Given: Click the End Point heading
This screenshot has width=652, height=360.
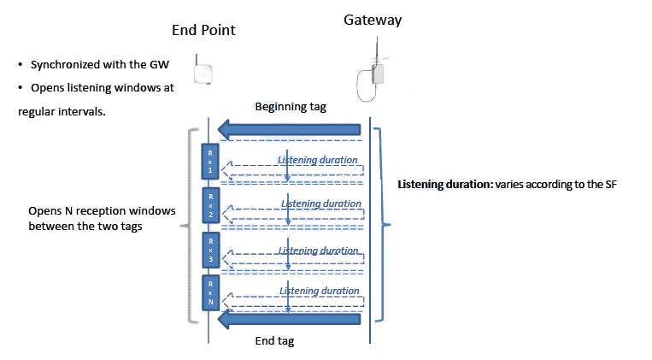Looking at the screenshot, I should click(203, 31).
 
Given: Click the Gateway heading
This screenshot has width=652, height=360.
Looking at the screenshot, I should click(373, 19).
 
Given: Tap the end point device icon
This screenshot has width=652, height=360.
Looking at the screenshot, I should click(203, 71).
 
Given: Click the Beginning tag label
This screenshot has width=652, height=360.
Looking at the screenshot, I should click(291, 107).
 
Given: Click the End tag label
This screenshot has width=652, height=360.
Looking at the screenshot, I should click(275, 341).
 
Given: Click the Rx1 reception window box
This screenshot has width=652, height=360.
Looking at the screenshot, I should click(209, 160).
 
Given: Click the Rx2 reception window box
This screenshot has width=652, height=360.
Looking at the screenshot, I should click(209, 205).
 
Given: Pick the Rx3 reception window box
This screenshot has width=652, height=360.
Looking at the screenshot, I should click(209, 249).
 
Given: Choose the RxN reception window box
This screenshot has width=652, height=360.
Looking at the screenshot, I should click(209, 292).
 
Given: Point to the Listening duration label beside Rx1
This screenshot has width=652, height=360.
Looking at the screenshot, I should click(318, 160).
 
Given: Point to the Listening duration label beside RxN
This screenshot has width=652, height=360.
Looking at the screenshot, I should click(320, 291).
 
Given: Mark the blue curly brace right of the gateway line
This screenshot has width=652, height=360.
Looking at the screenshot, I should click(384, 225).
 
